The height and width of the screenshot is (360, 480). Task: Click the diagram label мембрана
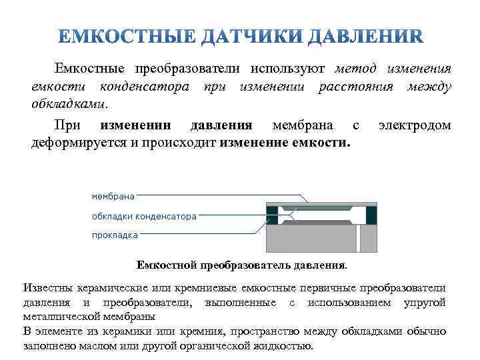tap(113, 196)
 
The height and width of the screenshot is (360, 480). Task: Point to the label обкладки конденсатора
tap(143, 216)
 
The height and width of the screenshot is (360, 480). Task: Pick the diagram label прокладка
tap(115, 235)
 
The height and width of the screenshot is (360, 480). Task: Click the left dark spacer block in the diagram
tap(272, 215)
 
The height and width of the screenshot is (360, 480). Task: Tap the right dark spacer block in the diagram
tap(371, 215)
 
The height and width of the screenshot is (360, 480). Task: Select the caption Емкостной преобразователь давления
tap(241, 265)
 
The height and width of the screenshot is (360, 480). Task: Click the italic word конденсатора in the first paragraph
tap(143, 87)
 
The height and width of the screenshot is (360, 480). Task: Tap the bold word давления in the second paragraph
tap(221, 125)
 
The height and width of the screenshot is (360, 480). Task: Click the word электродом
tap(414, 125)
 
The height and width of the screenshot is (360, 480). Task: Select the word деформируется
tap(75, 143)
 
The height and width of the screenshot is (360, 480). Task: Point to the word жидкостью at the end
tap(281, 346)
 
